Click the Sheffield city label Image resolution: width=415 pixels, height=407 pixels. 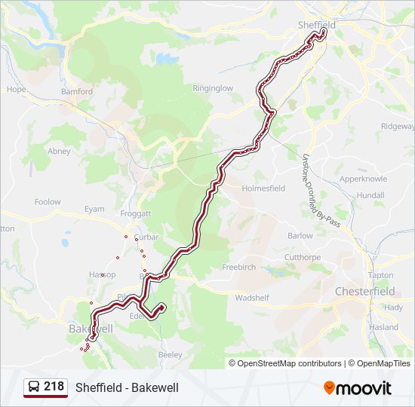(x=316, y=25)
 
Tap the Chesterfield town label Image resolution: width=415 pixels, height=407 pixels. (x=364, y=291)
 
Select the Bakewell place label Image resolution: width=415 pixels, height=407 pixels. (x=91, y=329)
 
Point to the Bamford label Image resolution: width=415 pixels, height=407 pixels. (x=77, y=92)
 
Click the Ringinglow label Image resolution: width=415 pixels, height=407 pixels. (x=213, y=88)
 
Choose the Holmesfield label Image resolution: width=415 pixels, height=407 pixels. (x=263, y=188)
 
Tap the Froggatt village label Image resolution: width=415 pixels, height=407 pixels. (x=136, y=214)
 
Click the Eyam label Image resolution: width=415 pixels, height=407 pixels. (x=94, y=209)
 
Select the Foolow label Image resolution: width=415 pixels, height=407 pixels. (x=48, y=202)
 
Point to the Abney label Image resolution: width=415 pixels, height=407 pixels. (x=59, y=151)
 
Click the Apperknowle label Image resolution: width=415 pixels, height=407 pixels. (x=363, y=179)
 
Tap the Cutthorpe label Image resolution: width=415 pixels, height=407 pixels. (x=302, y=257)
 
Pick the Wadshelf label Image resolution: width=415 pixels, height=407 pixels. (x=252, y=298)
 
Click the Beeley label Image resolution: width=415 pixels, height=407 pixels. (x=171, y=354)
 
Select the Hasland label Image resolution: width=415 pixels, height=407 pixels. (x=383, y=327)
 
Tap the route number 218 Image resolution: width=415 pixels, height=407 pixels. (x=54, y=387)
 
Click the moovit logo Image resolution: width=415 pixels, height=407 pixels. (x=358, y=388)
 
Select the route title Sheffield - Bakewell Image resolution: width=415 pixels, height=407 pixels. (x=127, y=387)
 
